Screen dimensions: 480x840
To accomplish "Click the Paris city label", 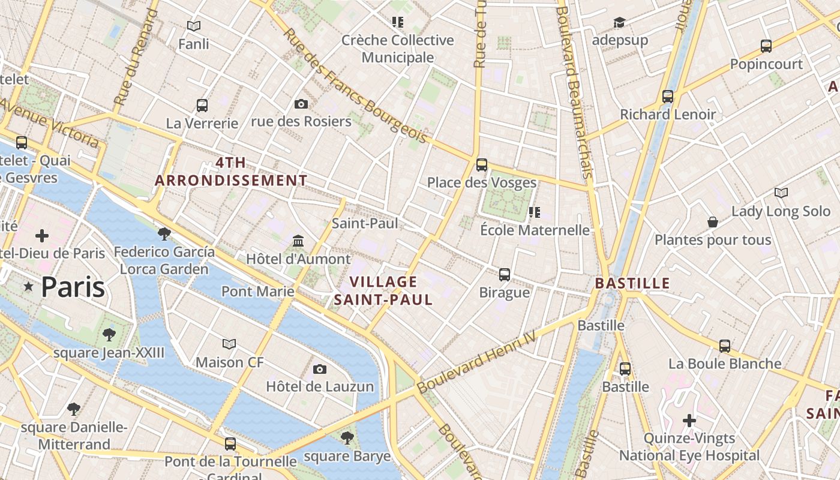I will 73,287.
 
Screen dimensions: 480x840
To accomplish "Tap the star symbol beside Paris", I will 28,287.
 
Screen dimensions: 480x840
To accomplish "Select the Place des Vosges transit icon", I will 481,165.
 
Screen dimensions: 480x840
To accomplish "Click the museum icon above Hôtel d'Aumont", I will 298,241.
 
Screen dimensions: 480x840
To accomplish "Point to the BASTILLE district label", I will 632,283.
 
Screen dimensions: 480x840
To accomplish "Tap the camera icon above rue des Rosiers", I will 301,104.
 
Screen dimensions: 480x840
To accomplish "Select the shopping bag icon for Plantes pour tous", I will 712,223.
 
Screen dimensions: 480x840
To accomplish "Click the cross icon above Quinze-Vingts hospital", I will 689,421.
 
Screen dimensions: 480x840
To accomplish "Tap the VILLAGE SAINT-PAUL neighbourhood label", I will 383,290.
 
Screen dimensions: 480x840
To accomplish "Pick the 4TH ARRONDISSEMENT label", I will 231,172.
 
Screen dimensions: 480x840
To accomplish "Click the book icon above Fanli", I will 193,26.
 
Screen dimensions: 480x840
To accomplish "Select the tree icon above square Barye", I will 346,437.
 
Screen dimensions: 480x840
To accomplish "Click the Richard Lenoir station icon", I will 667,96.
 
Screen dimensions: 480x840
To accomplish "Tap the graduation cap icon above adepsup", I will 619,23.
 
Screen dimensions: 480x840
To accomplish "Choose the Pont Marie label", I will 258,292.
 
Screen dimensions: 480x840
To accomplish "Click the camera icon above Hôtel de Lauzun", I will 320,369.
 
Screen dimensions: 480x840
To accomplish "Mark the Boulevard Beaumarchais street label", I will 576,90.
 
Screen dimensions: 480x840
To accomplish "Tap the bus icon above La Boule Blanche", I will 725,346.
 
